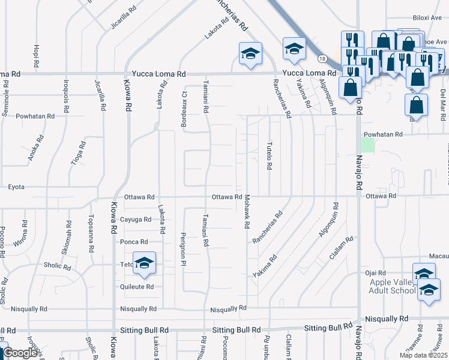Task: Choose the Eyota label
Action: [x=16, y=187]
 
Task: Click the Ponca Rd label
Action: [x=134, y=242]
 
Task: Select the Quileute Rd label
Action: [x=137, y=286]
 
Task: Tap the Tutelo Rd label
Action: [x=270, y=155]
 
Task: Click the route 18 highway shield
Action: [x=322, y=59]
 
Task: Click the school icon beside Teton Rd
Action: [x=144, y=264]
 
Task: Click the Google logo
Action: [x=20, y=353]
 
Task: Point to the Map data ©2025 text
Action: [x=423, y=355]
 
